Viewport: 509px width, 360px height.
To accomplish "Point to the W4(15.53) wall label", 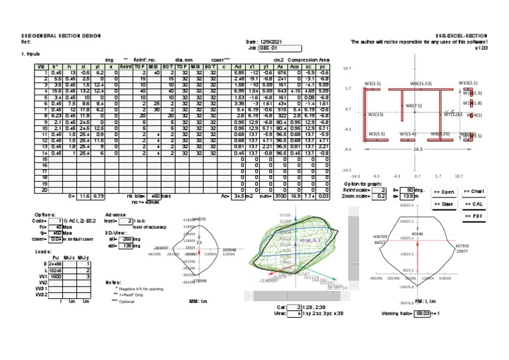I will [421, 84].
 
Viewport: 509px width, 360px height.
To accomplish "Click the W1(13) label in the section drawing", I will [376, 114].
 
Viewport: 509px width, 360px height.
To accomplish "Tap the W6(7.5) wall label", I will [414, 106].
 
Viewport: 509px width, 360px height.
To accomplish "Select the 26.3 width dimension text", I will [418, 150].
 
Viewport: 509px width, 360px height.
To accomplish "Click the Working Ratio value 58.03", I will [418, 313].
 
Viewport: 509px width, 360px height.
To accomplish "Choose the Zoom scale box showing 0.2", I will [379, 197].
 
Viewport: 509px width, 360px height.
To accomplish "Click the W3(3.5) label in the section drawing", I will [372, 84].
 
